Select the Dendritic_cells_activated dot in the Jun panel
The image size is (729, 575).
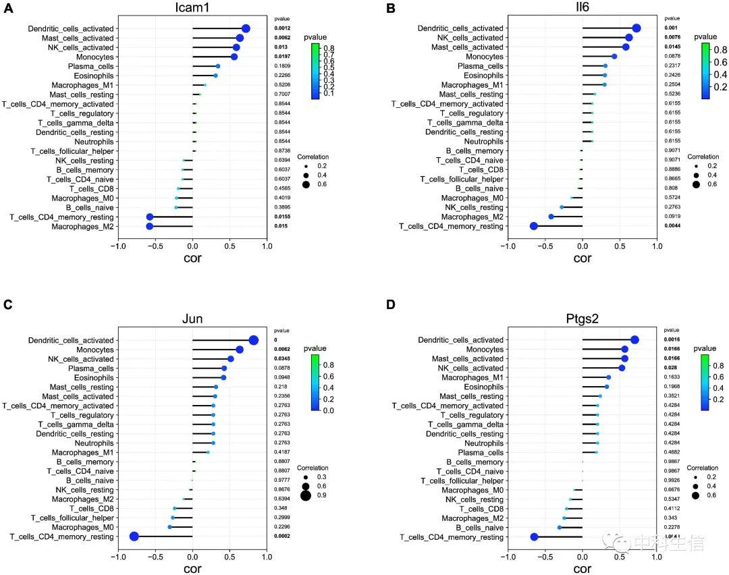pyautogui.click(x=254, y=340)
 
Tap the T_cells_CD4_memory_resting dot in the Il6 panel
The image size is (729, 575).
pyautogui.click(x=533, y=226)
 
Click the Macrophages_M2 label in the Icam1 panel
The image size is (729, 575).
pyautogui.click(x=87, y=227)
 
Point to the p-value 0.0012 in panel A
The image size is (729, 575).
pyautogui.click(x=281, y=28)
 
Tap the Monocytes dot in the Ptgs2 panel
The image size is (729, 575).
pyautogui.click(x=625, y=350)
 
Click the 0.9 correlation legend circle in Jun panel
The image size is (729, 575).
pyautogui.click(x=306, y=496)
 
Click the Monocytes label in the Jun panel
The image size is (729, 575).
pyautogui.click(x=95, y=350)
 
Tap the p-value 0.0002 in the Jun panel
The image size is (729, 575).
pyautogui.click(x=281, y=537)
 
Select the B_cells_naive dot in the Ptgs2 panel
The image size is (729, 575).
pyautogui.click(x=559, y=527)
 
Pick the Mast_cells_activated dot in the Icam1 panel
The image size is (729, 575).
pyautogui.click(x=240, y=38)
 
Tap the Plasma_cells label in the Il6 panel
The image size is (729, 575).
pyautogui.click(x=480, y=66)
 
